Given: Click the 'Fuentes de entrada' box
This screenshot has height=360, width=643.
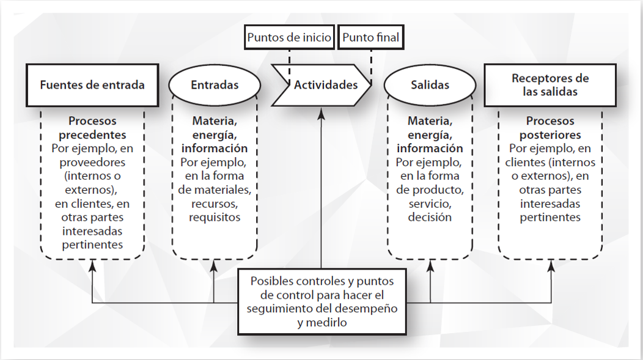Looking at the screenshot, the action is (x=92, y=85).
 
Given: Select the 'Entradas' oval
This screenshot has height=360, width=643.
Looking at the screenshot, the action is (x=215, y=85).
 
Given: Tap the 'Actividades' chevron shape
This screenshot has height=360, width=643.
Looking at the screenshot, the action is (x=321, y=85).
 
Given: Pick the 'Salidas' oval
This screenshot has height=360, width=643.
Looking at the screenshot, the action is (x=430, y=85).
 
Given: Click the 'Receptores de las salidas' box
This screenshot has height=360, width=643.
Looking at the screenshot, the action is (x=550, y=85).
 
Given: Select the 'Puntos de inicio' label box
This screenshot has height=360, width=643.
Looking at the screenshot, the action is (x=290, y=37).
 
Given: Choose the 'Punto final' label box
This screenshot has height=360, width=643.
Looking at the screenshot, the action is (x=371, y=37).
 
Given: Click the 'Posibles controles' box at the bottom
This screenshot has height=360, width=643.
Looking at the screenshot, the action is (x=322, y=302).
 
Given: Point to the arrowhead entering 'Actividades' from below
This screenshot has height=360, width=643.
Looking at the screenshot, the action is (x=321, y=114).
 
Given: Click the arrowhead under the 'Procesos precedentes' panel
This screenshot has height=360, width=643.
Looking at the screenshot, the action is (x=93, y=266).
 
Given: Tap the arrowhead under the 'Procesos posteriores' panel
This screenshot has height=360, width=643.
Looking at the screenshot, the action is (x=551, y=266).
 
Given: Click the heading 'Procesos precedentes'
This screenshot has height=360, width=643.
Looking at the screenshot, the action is (x=92, y=128).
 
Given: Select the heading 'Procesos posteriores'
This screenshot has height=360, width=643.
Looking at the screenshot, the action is (x=550, y=128).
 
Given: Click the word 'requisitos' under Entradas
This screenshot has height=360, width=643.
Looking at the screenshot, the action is (x=215, y=218).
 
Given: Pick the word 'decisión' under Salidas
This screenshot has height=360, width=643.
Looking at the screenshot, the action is (x=430, y=218).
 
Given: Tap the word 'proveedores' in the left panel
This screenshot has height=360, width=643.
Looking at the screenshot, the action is (x=92, y=163).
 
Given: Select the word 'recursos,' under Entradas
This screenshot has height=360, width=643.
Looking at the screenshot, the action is (x=215, y=204).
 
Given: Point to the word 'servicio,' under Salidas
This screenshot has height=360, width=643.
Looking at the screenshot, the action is (x=430, y=204).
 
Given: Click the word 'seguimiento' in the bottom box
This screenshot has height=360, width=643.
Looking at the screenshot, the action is (x=276, y=309).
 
